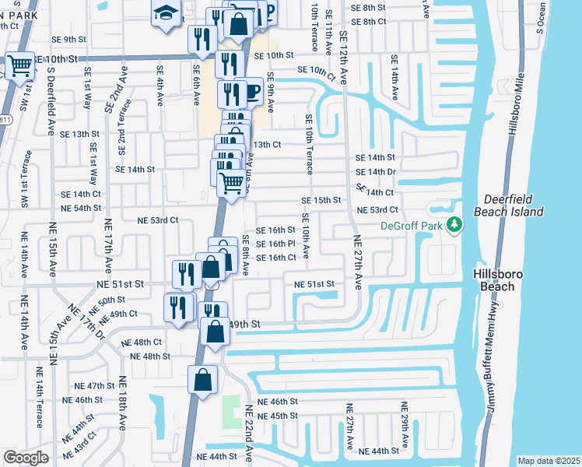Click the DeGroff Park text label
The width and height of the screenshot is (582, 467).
pyautogui.click(x=411, y=226)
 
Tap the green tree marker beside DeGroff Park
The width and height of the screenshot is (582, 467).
pyautogui.click(x=454, y=226)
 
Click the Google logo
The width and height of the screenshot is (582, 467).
pyautogui.click(x=26, y=458)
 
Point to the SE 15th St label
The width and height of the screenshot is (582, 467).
pyautogui.click(x=321, y=200)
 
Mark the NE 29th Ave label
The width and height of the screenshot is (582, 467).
pyautogui.click(x=405, y=423)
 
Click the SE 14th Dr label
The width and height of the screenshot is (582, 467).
pyautogui.click(x=376, y=171)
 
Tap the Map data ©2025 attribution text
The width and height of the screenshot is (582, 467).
pyautogui.click(x=548, y=461)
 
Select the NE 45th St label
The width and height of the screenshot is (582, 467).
pyautogui.click(x=278, y=416)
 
